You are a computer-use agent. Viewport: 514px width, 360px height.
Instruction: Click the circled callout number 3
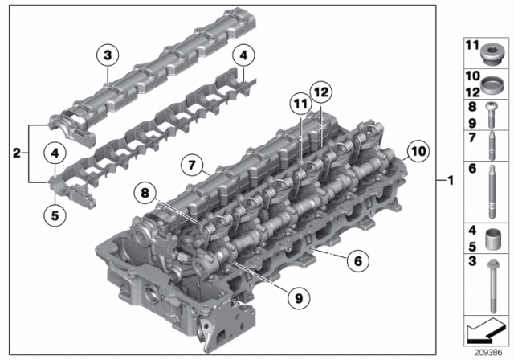pyautogui.click(x=107, y=55)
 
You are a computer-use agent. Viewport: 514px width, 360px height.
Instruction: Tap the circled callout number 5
pyautogui.click(x=54, y=215)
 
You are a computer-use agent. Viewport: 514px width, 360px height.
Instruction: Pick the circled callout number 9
pyautogui.click(x=297, y=298)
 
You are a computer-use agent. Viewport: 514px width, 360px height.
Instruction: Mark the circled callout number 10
pyautogui.click(x=416, y=149)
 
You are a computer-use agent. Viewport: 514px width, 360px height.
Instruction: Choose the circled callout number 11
pyautogui.click(x=300, y=104)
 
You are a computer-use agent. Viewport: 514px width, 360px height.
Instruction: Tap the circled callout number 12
pyautogui.click(x=322, y=93)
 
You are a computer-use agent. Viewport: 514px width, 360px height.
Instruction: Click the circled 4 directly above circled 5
pyautogui.click(x=54, y=153)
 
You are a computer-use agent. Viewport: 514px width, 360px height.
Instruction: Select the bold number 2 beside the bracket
pyautogui.click(x=17, y=152)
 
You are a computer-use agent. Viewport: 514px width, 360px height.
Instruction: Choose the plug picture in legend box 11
pyautogui.click(x=487, y=57)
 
